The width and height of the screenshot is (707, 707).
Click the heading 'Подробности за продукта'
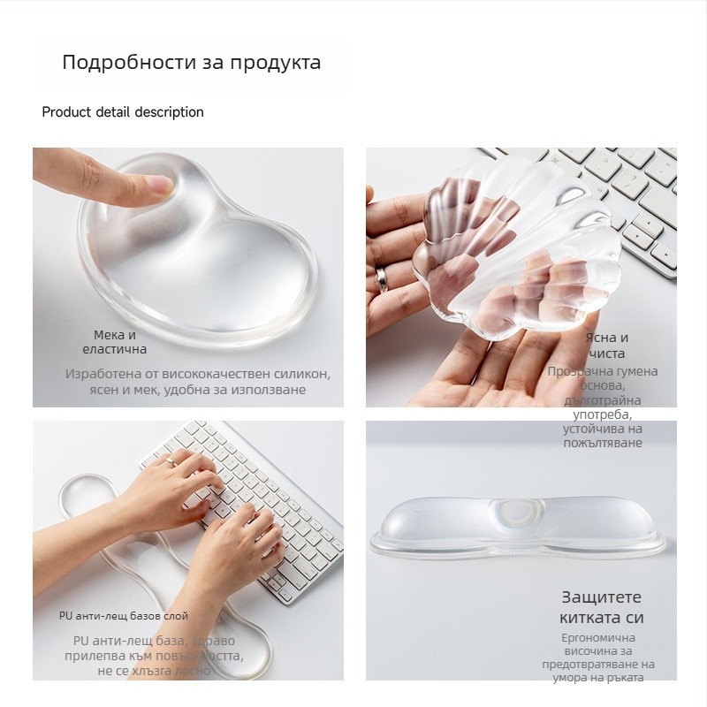pos(191,63)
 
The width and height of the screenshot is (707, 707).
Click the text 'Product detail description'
pos(123,112)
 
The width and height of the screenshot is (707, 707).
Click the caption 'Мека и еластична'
pos(115,343)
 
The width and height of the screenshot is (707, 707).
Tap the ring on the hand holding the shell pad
pos(382,278)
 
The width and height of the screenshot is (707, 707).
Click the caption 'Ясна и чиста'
pos(606,346)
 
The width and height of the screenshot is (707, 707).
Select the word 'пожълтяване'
pos(602,443)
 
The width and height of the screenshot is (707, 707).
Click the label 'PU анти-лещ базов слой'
pos(124,616)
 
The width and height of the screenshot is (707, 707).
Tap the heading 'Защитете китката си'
pos(602,607)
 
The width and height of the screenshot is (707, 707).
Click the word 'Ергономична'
pos(598,638)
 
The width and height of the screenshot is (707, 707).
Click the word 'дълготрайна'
pos(602,400)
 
